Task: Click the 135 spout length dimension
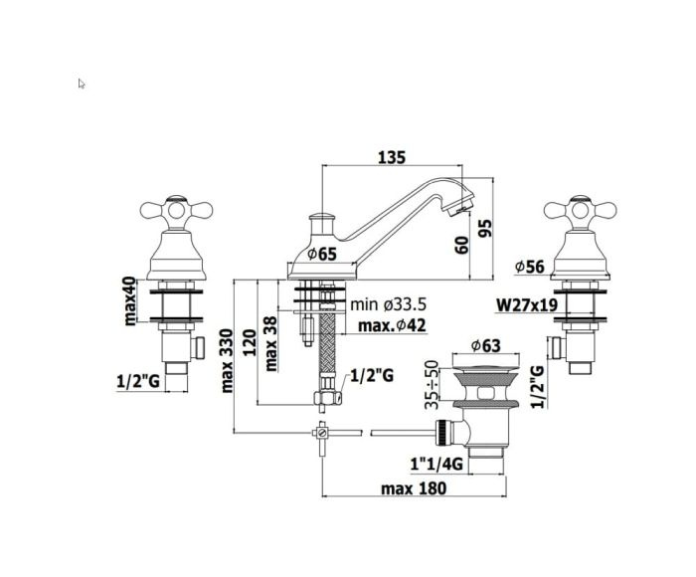tap(392, 157)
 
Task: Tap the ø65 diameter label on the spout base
tap(322, 254)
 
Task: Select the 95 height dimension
tap(486, 228)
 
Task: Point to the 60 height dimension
tap(462, 245)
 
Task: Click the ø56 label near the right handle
tap(529, 267)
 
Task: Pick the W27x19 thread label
tap(526, 305)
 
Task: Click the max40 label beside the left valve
tap(130, 301)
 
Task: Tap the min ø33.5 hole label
tap(389, 304)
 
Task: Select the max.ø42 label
tap(392, 325)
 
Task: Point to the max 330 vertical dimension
tap(227, 361)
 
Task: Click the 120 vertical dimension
tap(249, 342)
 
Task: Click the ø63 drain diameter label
tap(485, 345)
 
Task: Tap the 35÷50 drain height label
tap(431, 385)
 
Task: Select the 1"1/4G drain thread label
tap(436, 465)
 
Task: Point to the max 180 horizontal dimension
tap(414, 488)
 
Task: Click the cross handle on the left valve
tap(176, 210)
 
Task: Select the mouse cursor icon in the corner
tap(82, 84)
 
